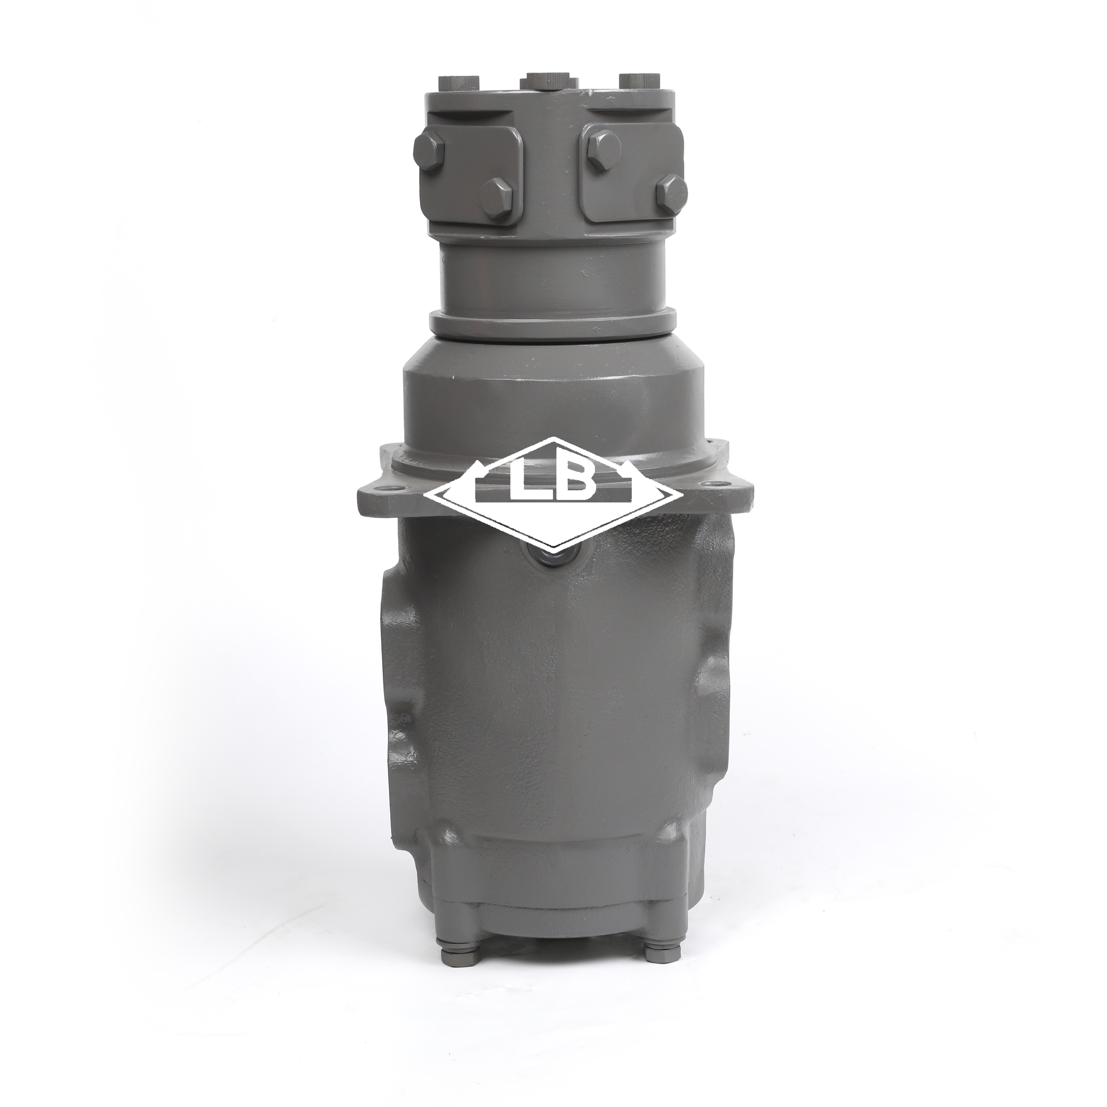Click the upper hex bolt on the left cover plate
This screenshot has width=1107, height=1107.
[x=429, y=150]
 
